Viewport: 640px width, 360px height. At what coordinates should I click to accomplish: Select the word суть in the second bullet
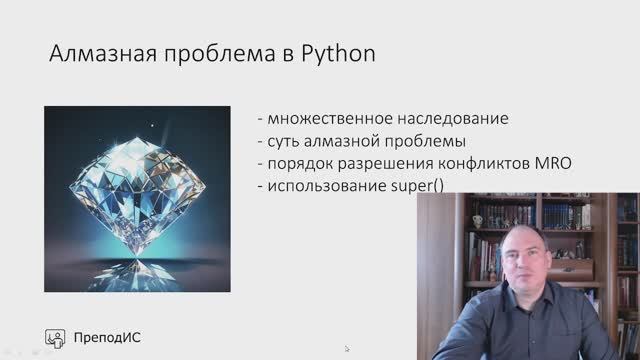tap(284, 141)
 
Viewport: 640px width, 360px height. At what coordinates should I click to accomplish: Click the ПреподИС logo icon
tap(57, 338)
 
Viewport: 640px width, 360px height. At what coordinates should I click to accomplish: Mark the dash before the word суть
tap(260, 141)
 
